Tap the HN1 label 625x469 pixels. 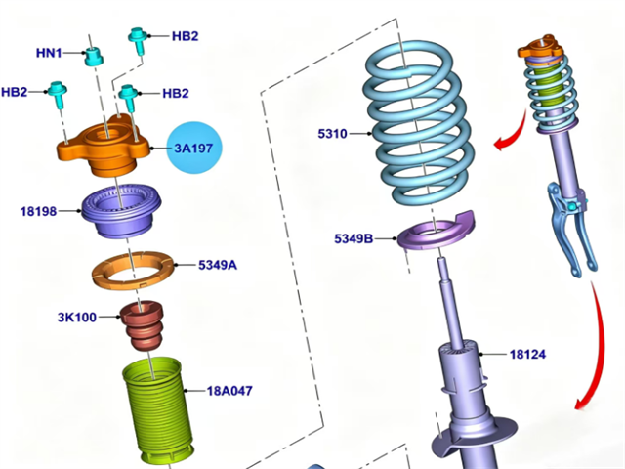(49, 53)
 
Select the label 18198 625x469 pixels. (40, 210)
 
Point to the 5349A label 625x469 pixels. (216, 264)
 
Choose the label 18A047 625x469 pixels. (229, 391)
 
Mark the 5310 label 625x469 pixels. (332, 133)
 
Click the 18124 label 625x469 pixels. (528, 356)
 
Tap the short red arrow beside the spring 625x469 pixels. (506, 143)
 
